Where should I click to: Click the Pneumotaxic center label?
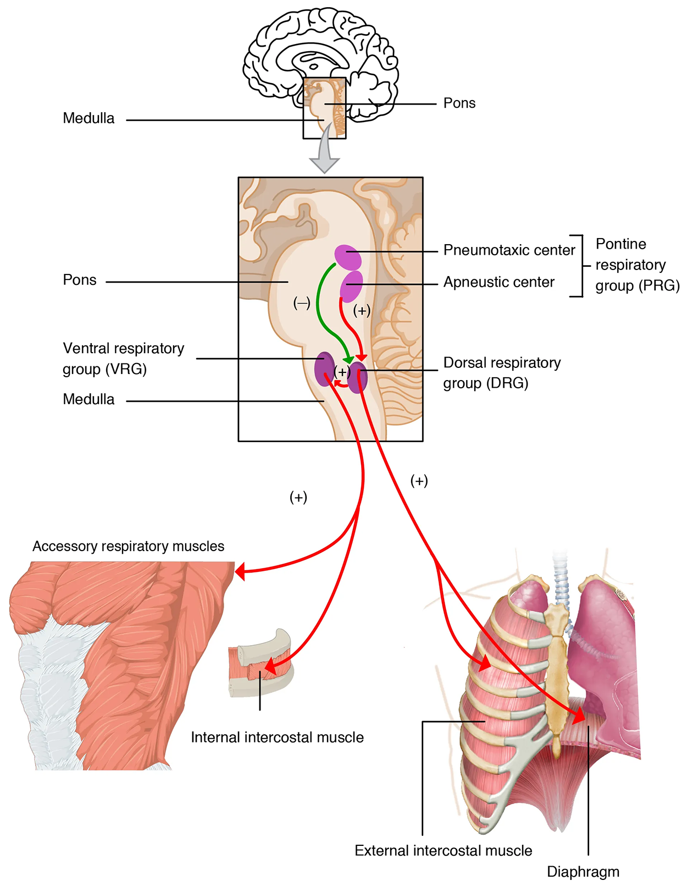[509, 250]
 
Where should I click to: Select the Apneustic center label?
[498, 282]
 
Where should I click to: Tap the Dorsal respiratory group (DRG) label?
[502, 373]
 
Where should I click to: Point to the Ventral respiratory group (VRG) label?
[124, 359]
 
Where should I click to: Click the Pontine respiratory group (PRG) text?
[637, 265]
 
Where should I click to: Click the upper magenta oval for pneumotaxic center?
[348, 257]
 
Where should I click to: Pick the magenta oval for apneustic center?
[352, 285]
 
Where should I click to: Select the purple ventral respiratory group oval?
[324, 368]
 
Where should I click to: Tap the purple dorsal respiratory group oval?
[358, 377]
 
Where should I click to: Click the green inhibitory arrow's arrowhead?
[348, 360]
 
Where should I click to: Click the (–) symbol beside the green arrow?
[302, 302]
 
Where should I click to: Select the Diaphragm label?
[583, 872]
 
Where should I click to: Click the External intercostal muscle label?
[443, 851]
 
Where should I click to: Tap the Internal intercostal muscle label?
[277, 738]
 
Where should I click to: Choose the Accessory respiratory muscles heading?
[128, 546]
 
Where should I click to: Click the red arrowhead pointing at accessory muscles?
[240, 573]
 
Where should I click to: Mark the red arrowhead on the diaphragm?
[580, 716]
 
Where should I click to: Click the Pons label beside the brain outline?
[459, 103]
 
